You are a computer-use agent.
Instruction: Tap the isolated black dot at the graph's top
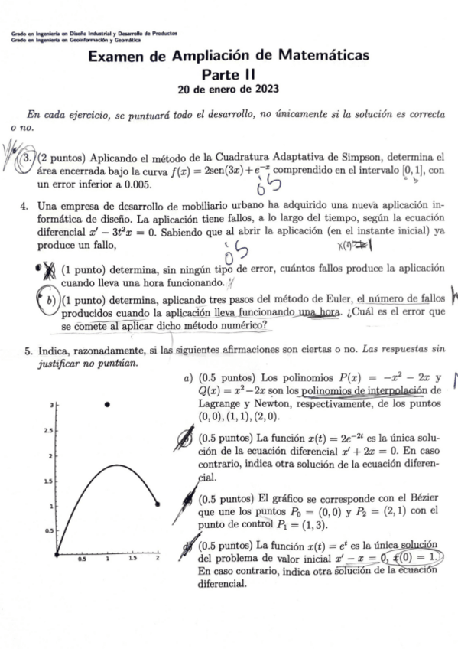point(108,403)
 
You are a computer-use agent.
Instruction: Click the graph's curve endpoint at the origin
point(57,553)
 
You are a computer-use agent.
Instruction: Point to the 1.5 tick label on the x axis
point(132,560)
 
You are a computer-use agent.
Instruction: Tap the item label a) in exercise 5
point(187,378)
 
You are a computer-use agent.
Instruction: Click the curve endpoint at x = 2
point(158,504)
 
